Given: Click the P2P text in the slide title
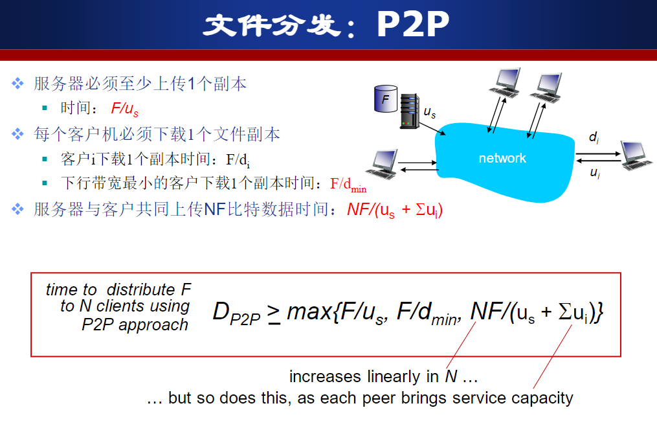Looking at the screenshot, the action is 413,24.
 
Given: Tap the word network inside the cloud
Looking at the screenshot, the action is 502,158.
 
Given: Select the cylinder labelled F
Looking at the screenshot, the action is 386,98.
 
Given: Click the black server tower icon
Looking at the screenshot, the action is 410,111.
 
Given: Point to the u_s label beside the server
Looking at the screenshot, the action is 430,112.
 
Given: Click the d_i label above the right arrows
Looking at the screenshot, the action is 594,137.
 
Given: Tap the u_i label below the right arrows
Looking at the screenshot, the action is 595,172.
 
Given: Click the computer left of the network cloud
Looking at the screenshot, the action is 382,164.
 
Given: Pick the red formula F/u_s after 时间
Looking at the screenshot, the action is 124,109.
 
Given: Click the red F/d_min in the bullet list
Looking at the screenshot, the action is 348,184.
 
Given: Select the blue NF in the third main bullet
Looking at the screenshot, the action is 215,209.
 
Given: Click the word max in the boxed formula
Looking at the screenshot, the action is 309,312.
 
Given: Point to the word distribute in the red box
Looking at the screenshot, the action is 140,290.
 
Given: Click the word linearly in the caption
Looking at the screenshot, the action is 394,377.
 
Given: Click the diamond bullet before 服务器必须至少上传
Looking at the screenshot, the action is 17,84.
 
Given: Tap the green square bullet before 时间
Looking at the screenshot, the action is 45,108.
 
